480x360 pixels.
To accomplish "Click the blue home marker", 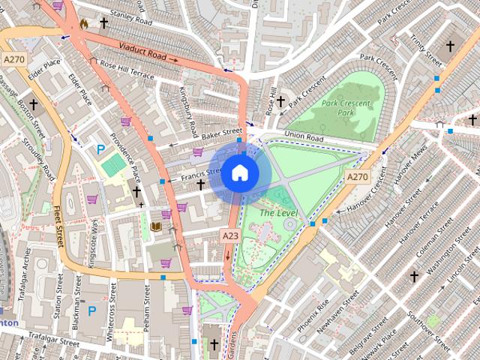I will coord(239,173).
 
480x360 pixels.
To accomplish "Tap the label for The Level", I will coord(278,213).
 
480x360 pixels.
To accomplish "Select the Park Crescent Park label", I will coord(337,108).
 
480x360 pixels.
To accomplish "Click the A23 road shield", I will coord(230,235).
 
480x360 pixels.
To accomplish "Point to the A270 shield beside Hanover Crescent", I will coord(357,176).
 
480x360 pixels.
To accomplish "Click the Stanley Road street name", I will coord(130,17).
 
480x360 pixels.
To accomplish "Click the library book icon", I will coord(156,226).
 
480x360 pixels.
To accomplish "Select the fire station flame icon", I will coord(84,24).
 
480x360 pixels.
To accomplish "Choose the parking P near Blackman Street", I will coord(92,310).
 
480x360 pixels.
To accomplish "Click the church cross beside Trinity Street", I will coord(450,46).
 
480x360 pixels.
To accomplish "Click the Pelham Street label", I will coord(147,307).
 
